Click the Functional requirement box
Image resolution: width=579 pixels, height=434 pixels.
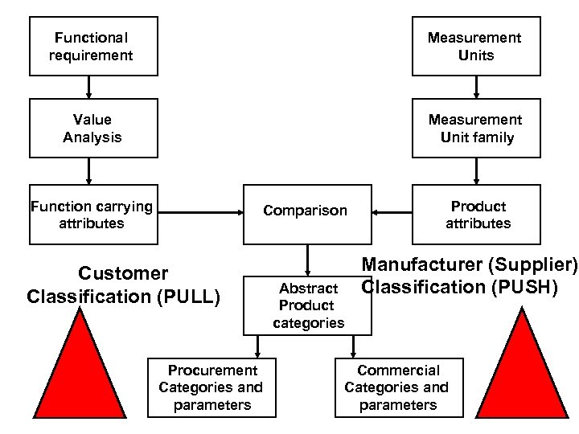93,46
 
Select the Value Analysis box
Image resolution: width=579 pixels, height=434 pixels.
93,128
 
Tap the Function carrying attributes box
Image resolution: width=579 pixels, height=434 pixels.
93,215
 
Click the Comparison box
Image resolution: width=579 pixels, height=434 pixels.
306,211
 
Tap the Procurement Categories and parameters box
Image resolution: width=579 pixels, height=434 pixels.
211,387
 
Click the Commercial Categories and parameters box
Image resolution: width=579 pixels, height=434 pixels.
399,387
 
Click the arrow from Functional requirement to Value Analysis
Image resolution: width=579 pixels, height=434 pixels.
89,87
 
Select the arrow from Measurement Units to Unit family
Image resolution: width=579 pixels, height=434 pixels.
476,87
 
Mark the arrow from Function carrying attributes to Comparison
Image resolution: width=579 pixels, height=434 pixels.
201,213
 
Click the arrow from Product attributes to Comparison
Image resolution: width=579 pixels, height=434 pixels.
392,213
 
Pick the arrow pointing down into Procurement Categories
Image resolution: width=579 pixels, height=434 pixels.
257,346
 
